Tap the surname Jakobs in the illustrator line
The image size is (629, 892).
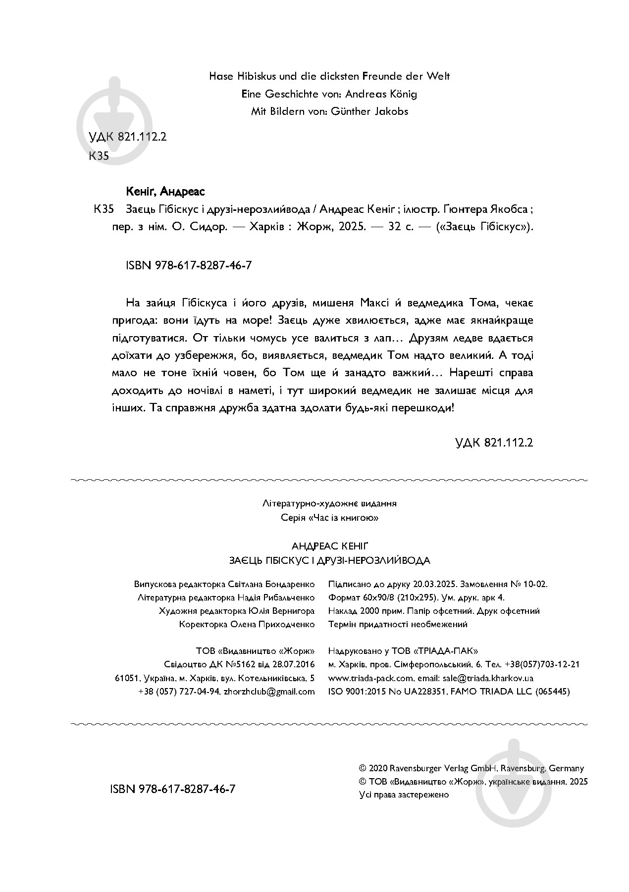[388, 111]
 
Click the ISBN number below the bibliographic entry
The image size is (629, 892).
[190, 265]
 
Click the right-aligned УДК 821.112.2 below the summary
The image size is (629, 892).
[494, 443]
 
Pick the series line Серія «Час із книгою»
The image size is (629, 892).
[329, 518]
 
